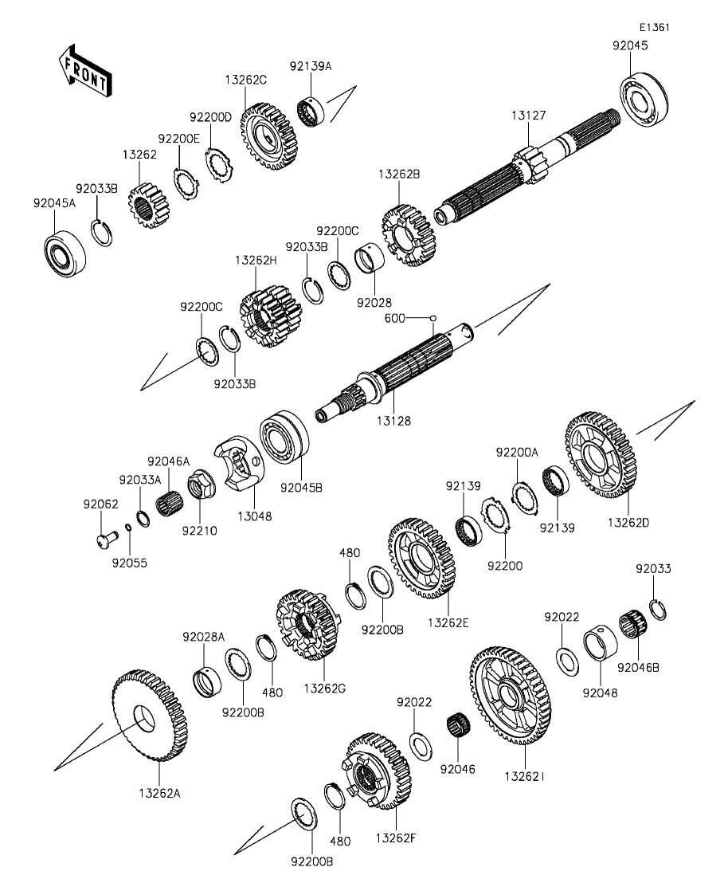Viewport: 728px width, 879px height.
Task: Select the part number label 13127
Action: point(528,116)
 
